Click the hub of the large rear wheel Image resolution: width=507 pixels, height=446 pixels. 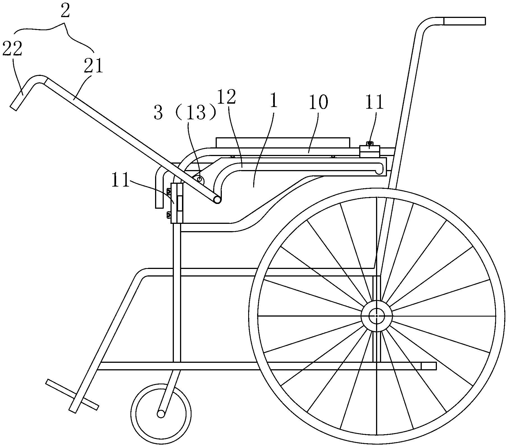tap(376, 316)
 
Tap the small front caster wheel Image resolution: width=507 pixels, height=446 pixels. tap(161, 414)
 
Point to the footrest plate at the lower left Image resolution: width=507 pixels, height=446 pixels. tap(72, 394)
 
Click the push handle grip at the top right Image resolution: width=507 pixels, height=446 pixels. tap(464, 21)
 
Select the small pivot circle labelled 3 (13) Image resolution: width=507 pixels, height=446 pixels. tap(200, 179)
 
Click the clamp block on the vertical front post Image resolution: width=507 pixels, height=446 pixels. tap(177, 203)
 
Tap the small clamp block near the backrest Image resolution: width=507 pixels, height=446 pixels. tap(369, 152)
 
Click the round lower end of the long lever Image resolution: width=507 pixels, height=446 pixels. tap(217, 199)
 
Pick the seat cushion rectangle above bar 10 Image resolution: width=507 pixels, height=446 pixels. tap(283, 142)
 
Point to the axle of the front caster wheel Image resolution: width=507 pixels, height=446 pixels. tap(161, 414)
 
